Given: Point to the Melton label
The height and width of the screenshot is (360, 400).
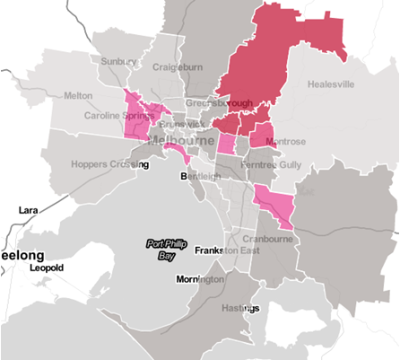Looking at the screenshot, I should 78,95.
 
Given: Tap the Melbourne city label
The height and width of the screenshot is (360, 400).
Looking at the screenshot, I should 178,142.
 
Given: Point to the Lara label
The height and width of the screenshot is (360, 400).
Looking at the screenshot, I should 29,209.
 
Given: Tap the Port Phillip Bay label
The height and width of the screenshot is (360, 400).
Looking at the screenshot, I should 162,249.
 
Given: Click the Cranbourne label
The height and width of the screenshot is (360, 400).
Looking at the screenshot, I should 266,239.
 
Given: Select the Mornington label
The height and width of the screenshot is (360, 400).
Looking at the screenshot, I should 199,280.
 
